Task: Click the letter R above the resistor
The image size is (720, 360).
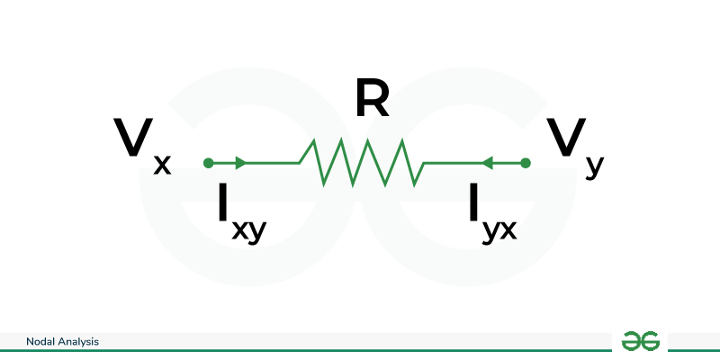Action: [373, 99]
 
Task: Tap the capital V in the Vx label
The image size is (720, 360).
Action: [132, 137]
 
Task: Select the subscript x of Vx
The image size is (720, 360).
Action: [162, 165]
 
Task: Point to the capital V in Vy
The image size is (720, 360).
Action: [566, 137]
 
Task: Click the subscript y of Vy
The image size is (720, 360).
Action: [595, 167]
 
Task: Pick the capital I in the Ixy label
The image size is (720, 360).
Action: [223, 202]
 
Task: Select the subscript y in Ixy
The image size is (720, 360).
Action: [257, 233]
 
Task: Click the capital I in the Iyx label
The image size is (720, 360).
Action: [474, 202]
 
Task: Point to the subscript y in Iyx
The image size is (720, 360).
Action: [490, 233]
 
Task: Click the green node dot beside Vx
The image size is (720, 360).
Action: [209, 163]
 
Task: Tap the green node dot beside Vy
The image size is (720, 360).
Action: [526, 163]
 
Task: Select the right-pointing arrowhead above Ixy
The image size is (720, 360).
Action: [240, 163]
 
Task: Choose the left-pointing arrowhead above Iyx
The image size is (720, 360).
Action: [487, 163]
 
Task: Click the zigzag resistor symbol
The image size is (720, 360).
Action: [362, 163]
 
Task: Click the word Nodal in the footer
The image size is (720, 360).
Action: [36, 342]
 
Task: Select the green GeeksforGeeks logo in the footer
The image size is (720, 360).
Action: [640, 341]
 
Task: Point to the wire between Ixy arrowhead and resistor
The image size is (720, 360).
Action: [273, 163]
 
